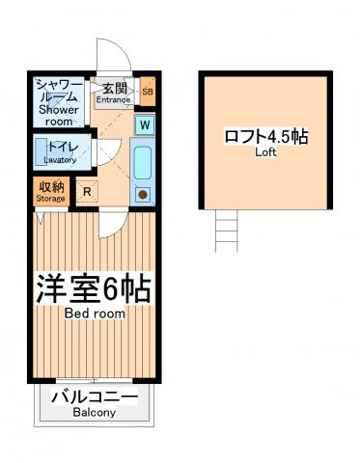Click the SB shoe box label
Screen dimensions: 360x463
[x=148, y=92]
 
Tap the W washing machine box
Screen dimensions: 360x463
[x=145, y=124]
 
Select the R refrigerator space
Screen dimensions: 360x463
[x=87, y=191]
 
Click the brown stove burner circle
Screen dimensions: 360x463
[x=143, y=194]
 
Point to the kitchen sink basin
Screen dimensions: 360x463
[x=143, y=163]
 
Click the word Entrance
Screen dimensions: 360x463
[x=114, y=99]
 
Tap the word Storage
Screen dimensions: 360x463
[x=50, y=199]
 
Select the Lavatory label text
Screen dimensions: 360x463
[x=60, y=160]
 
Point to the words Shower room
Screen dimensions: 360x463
[x=59, y=116]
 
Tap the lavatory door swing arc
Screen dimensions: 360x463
[x=113, y=156]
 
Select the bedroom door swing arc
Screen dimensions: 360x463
[x=119, y=229]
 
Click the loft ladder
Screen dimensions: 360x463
[x=227, y=231]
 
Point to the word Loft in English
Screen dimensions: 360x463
[x=265, y=152]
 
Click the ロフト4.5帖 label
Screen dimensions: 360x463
[x=266, y=136]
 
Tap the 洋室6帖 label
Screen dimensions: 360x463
[x=93, y=288]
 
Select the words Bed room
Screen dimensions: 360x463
[x=95, y=313]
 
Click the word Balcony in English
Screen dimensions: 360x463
[x=94, y=413]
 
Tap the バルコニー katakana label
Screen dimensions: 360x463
[x=95, y=397]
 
